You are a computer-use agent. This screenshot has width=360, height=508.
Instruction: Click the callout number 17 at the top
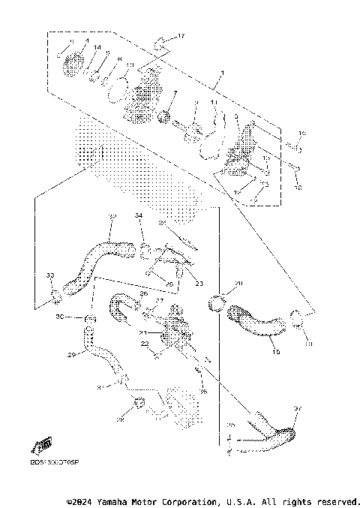180,36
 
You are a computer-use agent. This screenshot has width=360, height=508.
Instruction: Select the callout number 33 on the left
50,276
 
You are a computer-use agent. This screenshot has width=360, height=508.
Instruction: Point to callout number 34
139,216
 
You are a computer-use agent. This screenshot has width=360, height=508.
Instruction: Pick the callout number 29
72,354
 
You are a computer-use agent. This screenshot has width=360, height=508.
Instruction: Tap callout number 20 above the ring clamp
239,284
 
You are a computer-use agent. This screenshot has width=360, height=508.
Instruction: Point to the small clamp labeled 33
55,300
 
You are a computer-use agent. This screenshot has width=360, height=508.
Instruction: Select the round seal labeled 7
163,116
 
